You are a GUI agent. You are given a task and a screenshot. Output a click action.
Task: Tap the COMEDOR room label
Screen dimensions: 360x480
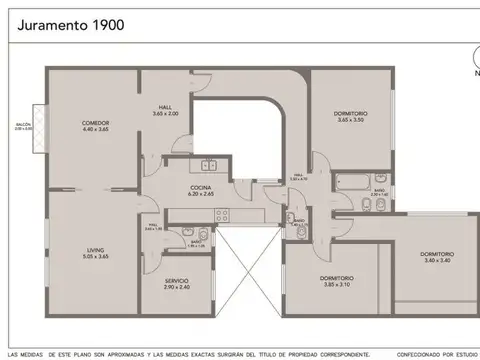[95, 122]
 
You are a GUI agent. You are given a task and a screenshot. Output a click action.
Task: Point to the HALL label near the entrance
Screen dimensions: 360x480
[166, 107]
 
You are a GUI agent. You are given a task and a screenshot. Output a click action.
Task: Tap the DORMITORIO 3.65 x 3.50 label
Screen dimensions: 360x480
[350, 113]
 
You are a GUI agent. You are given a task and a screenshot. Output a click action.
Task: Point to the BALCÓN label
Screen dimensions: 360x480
[23, 126]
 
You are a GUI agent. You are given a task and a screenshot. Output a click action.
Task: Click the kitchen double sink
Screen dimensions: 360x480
[209, 166]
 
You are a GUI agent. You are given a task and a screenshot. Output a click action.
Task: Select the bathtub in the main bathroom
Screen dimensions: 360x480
[353, 180]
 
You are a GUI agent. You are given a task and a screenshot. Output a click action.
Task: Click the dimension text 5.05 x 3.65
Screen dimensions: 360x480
[95, 258]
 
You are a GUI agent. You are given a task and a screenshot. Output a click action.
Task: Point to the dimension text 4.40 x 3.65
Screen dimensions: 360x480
[95, 129]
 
